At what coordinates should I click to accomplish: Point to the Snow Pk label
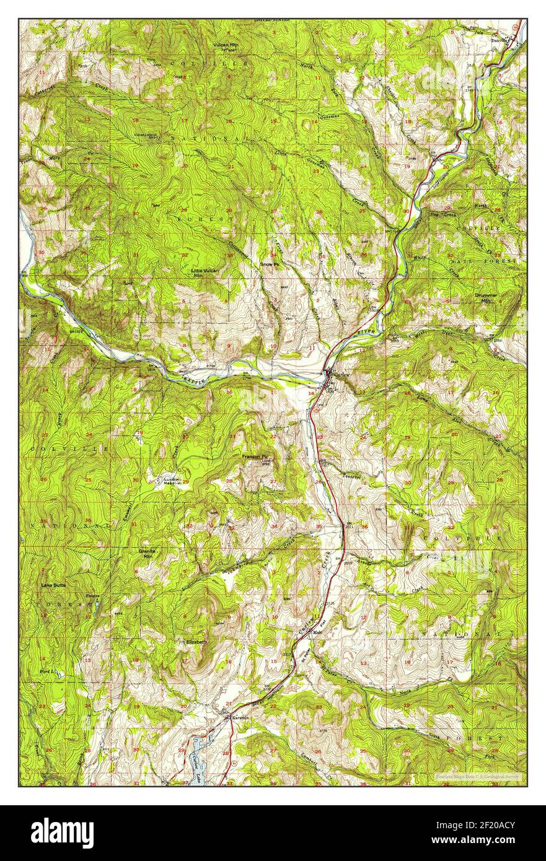tap(270, 263)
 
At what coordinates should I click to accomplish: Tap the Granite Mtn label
tap(148, 554)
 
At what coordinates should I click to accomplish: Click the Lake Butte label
tap(53, 584)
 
